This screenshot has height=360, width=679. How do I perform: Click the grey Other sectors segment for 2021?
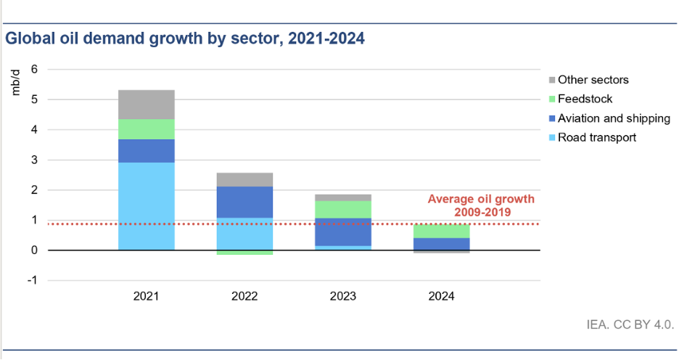[146, 105]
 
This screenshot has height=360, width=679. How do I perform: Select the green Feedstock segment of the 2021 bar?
[146, 129]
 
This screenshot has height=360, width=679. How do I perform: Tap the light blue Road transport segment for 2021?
[146, 206]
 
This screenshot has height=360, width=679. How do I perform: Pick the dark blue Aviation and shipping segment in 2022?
[244, 202]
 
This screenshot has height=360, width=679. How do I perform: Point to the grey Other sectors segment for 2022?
[244, 179]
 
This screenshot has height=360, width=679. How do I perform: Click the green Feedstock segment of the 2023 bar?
[343, 210]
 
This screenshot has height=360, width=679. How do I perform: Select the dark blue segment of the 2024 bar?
[442, 244]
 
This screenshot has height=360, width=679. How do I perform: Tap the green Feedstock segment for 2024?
[442, 231]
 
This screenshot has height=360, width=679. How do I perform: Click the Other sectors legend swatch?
[551, 80]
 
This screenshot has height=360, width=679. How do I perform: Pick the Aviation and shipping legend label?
[614, 118]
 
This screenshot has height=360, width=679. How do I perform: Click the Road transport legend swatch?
[551, 137]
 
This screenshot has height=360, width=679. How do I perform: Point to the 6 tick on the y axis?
[33, 70]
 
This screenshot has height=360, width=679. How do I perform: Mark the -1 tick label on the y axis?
[30, 280]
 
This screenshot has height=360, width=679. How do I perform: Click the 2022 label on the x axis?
[244, 297]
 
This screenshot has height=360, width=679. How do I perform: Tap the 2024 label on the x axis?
[442, 297]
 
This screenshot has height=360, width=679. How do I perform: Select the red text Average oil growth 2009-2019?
[480, 205]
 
